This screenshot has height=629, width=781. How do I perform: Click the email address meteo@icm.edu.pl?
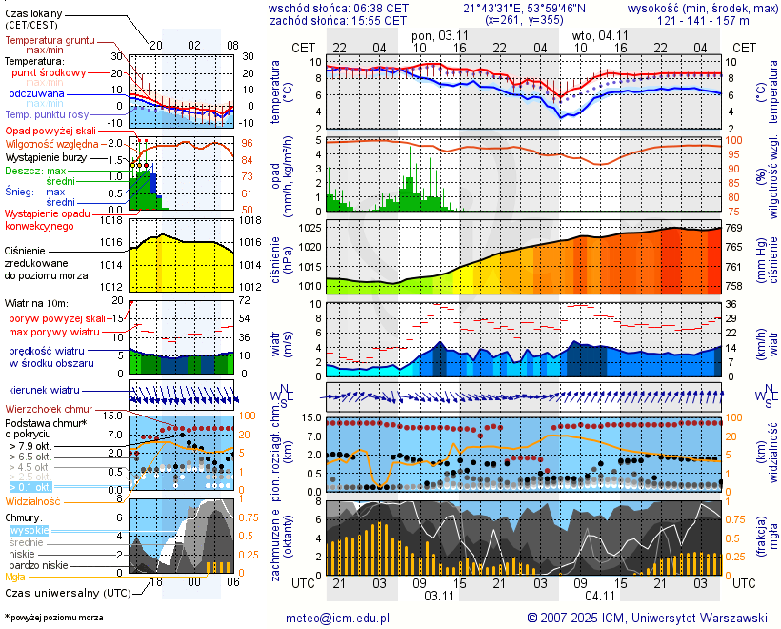[x=338, y=618]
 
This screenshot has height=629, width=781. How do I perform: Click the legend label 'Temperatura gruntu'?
[x=50, y=41]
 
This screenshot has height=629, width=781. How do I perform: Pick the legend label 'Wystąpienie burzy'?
[x=46, y=156]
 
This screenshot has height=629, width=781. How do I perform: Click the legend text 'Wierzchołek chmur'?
[x=50, y=409]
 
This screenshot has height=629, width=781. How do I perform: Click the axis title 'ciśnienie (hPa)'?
[x=281, y=255]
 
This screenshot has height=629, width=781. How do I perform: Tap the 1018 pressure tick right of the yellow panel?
[x=251, y=220]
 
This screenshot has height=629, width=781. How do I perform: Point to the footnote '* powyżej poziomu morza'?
[x=53, y=618]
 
